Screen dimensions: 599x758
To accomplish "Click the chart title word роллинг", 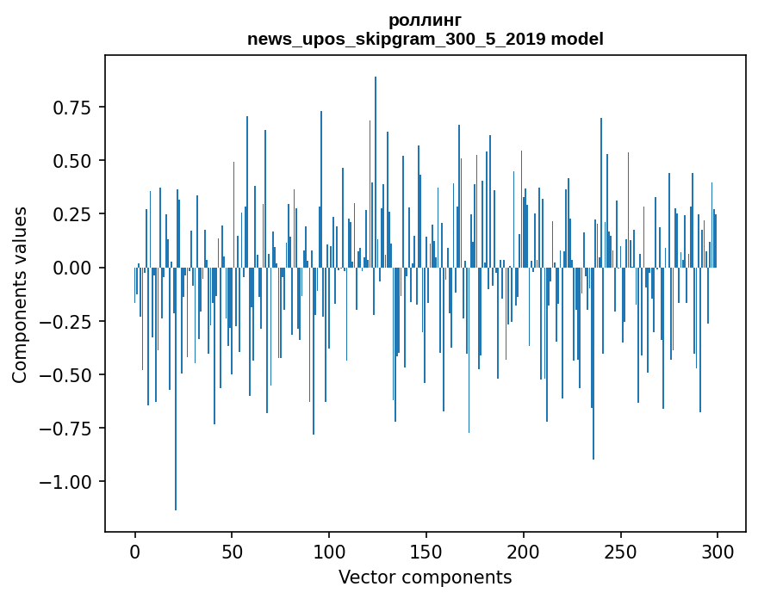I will tap(425, 20).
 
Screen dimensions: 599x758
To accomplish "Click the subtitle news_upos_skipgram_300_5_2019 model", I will tap(425, 39).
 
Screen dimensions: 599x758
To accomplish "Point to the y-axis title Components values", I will tap(19, 294).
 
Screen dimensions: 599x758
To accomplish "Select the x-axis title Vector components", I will tap(425, 577).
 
